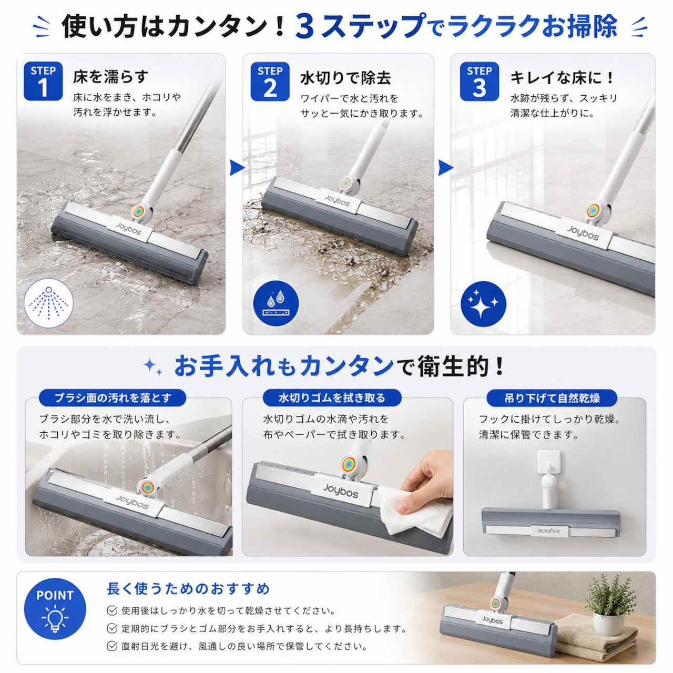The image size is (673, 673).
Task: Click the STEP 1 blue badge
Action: (43, 81)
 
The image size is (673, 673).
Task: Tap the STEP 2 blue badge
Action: (270, 81)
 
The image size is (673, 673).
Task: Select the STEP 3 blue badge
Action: (479, 81)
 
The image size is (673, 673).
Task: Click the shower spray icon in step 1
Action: (48, 303)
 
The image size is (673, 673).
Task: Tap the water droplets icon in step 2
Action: (276, 303)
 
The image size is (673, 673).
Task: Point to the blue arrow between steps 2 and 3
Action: (445, 168)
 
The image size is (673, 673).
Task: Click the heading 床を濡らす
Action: (111, 77)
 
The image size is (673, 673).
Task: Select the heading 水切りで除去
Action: (345, 78)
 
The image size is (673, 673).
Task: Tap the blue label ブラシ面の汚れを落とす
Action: (113, 398)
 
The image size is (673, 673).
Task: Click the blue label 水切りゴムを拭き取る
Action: (332, 398)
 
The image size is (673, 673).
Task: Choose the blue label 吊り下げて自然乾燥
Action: (552, 398)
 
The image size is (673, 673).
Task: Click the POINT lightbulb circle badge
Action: (55, 609)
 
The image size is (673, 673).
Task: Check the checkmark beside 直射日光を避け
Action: (112, 646)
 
